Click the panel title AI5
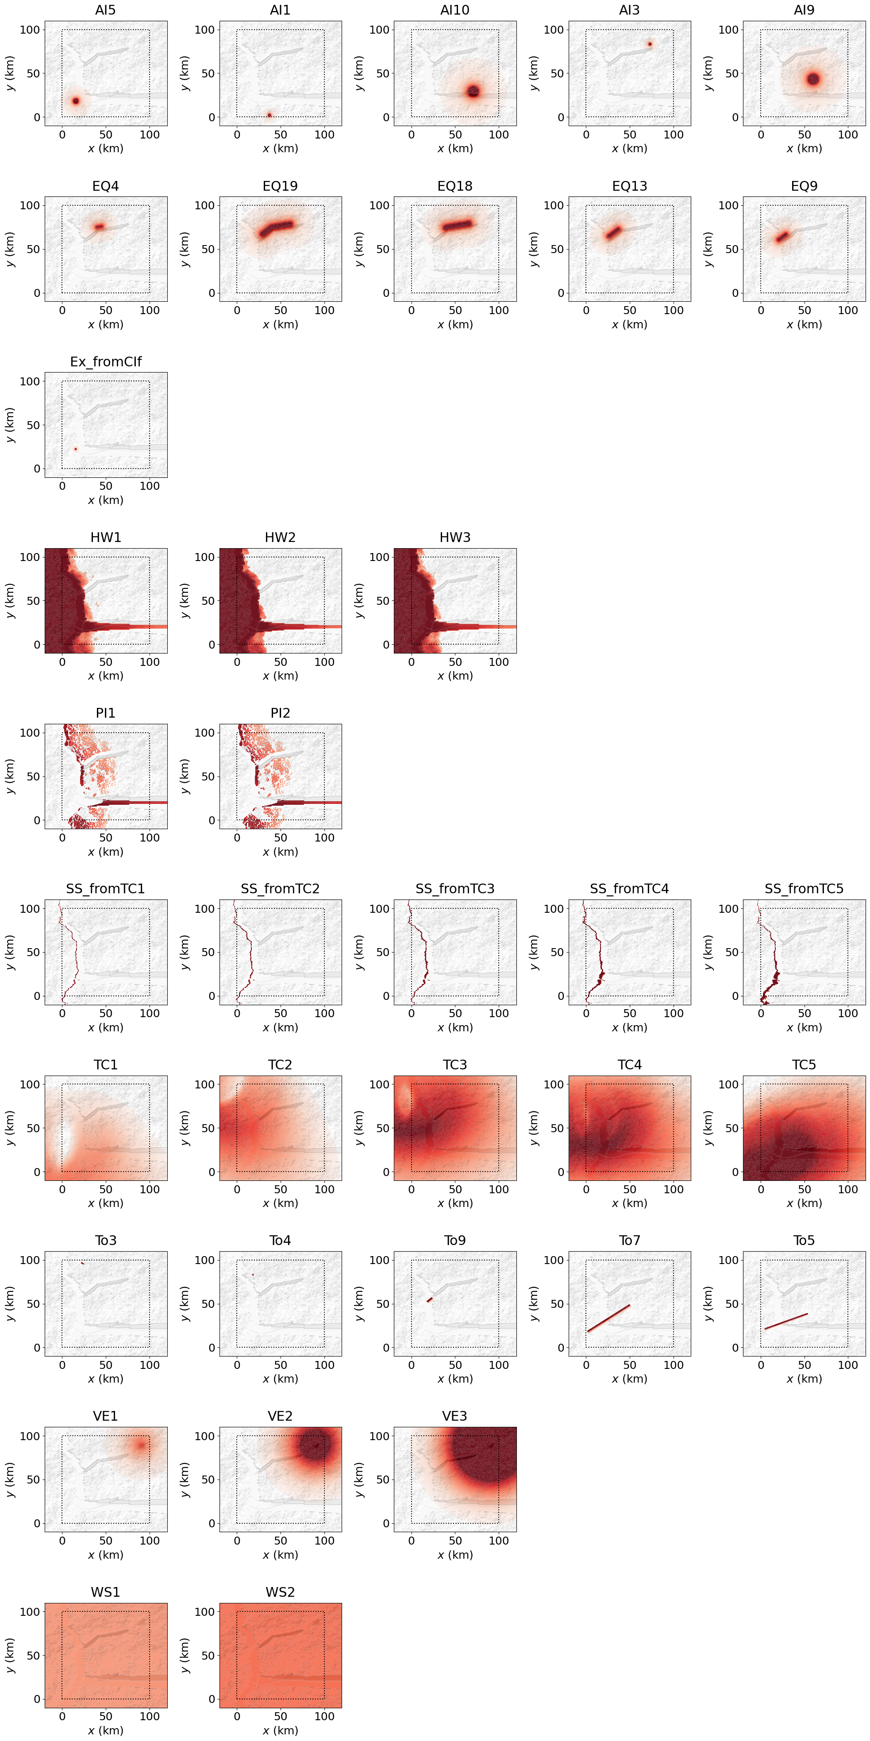(x=105, y=10)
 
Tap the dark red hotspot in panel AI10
(x=473, y=91)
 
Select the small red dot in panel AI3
(x=650, y=45)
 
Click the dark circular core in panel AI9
(x=812, y=79)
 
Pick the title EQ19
(x=280, y=186)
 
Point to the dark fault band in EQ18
(x=458, y=225)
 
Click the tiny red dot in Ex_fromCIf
(x=76, y=449)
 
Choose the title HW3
(x=454, y=537)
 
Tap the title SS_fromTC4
(x=629, y=889)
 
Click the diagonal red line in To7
(x=609, y=1318)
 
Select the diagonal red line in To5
(x=785, y=1321)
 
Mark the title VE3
(x=454, y=1416)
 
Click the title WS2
(x=280, y=1591)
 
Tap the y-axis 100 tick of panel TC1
(x=30, y=1084)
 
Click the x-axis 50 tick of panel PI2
(x=281, y=838)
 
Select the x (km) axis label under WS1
(x=105, y=1730)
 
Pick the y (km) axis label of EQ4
(x=10, y=249)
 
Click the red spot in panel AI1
(x=269, y=115)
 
